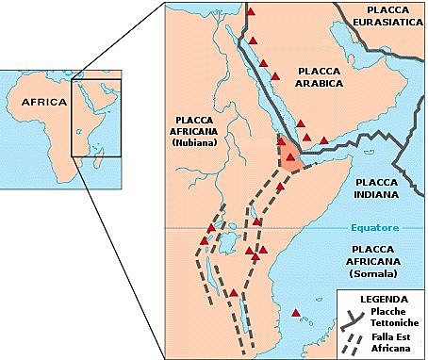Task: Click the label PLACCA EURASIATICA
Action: (384, 16)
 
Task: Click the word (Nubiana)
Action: (196, 142)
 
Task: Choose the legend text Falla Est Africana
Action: (389, 341)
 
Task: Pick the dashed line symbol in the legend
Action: (354, 340)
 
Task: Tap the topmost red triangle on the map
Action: (252, 12)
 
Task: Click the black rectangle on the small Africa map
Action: (98, 117)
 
